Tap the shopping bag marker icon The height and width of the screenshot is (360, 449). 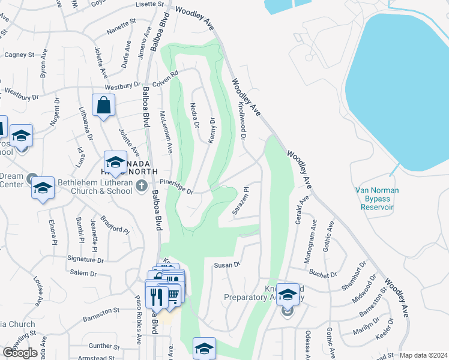(104, 106)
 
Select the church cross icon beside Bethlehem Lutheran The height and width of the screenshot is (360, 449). (141, 185)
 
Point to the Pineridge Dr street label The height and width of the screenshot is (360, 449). (176, 187)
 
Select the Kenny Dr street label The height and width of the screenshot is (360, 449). (211, 130)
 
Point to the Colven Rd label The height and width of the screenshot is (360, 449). (166, 79)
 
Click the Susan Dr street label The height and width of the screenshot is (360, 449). (227, 264)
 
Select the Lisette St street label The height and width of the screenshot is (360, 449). (150, 4)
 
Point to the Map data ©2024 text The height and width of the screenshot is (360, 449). (423, 355)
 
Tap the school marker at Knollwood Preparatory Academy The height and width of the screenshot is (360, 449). (288, 294)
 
